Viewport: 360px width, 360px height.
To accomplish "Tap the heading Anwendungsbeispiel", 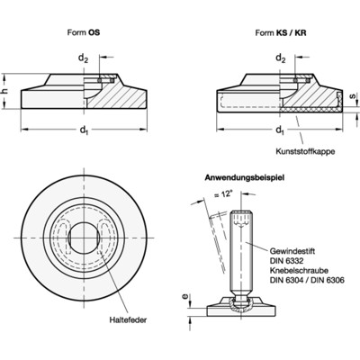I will coord(246,178).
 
